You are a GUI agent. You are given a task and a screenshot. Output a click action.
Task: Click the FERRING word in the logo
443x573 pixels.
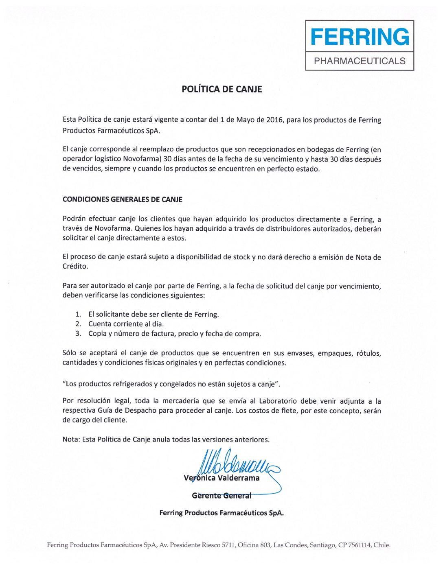pos(360,37)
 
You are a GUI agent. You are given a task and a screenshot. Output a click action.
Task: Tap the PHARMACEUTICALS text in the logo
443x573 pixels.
pos(360,61)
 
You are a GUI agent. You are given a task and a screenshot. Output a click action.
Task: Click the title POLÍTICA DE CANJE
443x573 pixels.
pos(221,89)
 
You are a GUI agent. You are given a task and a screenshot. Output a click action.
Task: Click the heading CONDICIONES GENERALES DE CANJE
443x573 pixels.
pos(122,199)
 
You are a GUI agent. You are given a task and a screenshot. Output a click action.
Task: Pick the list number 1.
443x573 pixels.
pos(78,315)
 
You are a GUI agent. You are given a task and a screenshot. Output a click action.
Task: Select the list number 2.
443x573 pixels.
pos(78,324)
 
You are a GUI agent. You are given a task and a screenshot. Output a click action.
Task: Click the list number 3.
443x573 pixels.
pos(78,334)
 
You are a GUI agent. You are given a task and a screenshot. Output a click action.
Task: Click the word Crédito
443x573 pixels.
pos(75,267)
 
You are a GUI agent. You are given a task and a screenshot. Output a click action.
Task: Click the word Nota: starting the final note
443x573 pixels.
pos(71,440)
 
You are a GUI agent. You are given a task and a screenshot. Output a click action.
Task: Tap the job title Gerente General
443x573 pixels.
pos(221,496)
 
